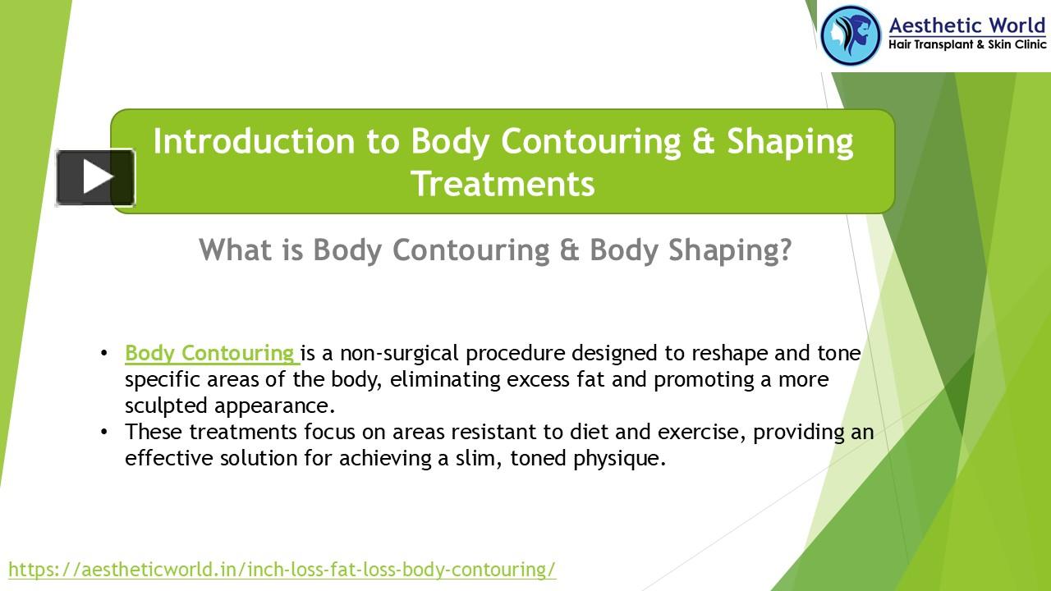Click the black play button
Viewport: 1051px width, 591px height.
tap(95, 177)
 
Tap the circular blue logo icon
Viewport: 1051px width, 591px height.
tap(851, 35)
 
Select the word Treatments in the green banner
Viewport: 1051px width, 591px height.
tap(503, 184)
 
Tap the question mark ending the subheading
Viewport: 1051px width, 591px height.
tap(785, 250)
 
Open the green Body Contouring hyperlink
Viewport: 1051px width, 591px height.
tap(211, 354)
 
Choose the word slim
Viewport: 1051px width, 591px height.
tap(475, 458)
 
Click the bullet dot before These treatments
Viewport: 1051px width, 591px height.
tap(104, 432)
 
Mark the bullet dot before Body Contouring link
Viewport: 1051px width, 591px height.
tap(104, 354)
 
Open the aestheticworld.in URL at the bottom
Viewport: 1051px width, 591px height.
tap(282, 569)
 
